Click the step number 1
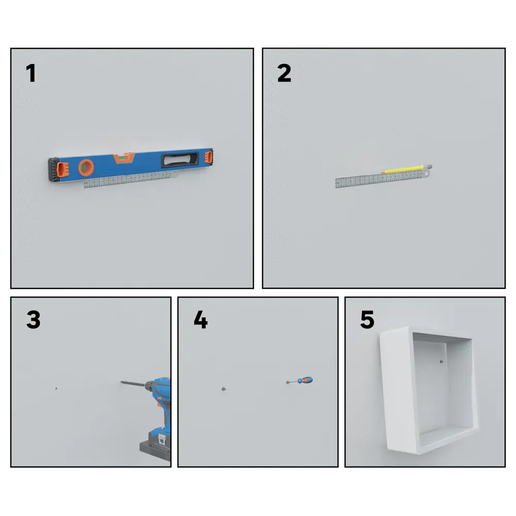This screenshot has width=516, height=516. [30, 73]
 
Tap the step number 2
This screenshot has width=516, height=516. [284, 73]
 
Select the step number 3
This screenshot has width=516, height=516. [33, 319]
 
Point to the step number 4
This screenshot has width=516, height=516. [200, 319]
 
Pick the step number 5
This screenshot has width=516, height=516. [367, 319]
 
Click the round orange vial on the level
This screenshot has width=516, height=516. [86, 168]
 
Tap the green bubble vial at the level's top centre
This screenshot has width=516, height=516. [124, 157]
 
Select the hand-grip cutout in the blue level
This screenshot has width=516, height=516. [180, 159]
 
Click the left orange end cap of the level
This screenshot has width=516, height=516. [62, 170]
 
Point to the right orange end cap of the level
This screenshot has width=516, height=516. [208, 156]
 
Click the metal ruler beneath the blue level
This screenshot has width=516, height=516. [128, 180]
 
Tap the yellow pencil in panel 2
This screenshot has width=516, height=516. [403, 169]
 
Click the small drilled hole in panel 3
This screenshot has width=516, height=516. [56, 389]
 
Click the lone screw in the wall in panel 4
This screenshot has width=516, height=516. [224, 389]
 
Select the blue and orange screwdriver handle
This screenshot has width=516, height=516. [305, 380]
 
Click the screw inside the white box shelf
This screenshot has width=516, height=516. [441, 361]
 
